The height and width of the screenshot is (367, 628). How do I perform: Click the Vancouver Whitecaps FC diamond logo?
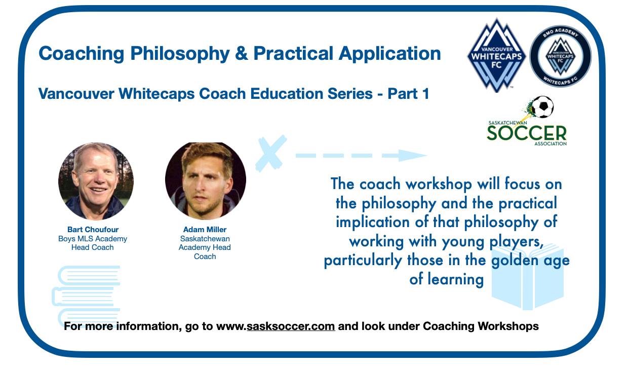click(x=496, y=56)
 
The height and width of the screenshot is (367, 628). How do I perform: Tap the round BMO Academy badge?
click(x=560, y=56)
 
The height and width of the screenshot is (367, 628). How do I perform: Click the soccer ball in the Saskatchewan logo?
click(x=543, y=106)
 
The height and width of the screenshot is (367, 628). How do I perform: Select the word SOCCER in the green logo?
click(x=527, y=133)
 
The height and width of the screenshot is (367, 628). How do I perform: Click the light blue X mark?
click(x=270, y=154)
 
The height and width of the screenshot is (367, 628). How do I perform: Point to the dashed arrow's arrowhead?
click(x=412, y=155)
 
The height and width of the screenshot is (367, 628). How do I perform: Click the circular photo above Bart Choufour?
click(x=96, y=180)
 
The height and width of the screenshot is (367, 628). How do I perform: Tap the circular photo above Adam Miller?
click(x=206, y=180)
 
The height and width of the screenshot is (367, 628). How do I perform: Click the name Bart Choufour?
click(x=93, y=230)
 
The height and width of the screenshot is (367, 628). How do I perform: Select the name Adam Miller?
click(x=205, y=230)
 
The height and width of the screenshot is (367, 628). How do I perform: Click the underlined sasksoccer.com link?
click(x=291, y=326)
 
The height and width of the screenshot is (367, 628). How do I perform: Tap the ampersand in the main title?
click(x=242, y=53)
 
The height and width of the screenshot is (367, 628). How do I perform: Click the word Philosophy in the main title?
click(x=180, y=54)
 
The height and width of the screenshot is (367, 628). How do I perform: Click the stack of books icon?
click(x=86, y=294)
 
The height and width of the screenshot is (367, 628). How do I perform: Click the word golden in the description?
click(x=515, y=261)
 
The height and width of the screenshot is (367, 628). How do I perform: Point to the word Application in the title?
click(x=389, y=54)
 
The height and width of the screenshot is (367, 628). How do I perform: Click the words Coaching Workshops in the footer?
click(x=481, y=326)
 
